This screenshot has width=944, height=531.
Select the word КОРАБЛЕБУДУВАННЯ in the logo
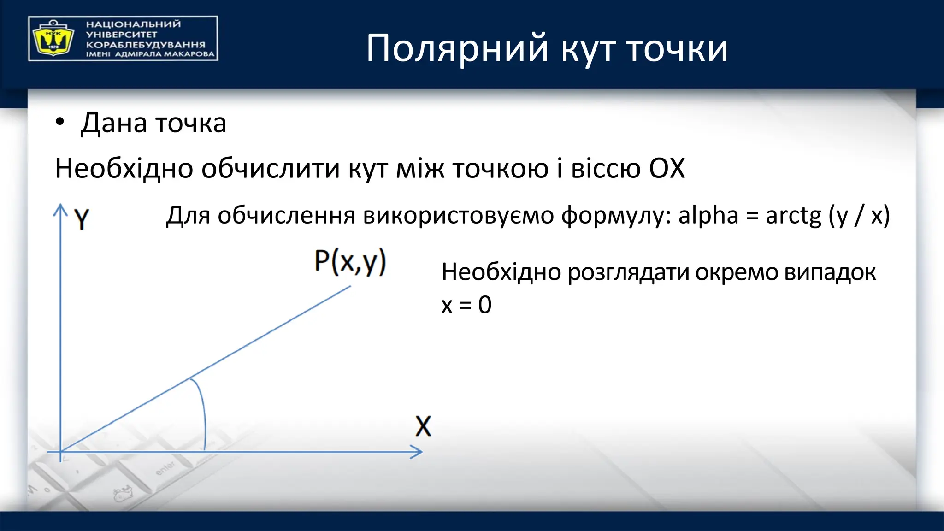click(x=146, y=45)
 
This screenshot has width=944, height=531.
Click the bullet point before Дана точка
click(x=60, y=123)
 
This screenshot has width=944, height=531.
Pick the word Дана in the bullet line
click(x=114, y=124)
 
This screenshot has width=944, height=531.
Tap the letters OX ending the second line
click(x=667, y=168)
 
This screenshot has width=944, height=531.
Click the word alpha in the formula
click(x=708, y=215)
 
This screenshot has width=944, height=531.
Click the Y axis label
click(x=82, y=219)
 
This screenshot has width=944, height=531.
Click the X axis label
click(x=423, y=426)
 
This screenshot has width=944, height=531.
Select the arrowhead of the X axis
click(x=417, y=452)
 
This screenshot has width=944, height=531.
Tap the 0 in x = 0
click(x=484, y=305)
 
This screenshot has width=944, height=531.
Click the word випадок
click(x=830, y=272)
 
